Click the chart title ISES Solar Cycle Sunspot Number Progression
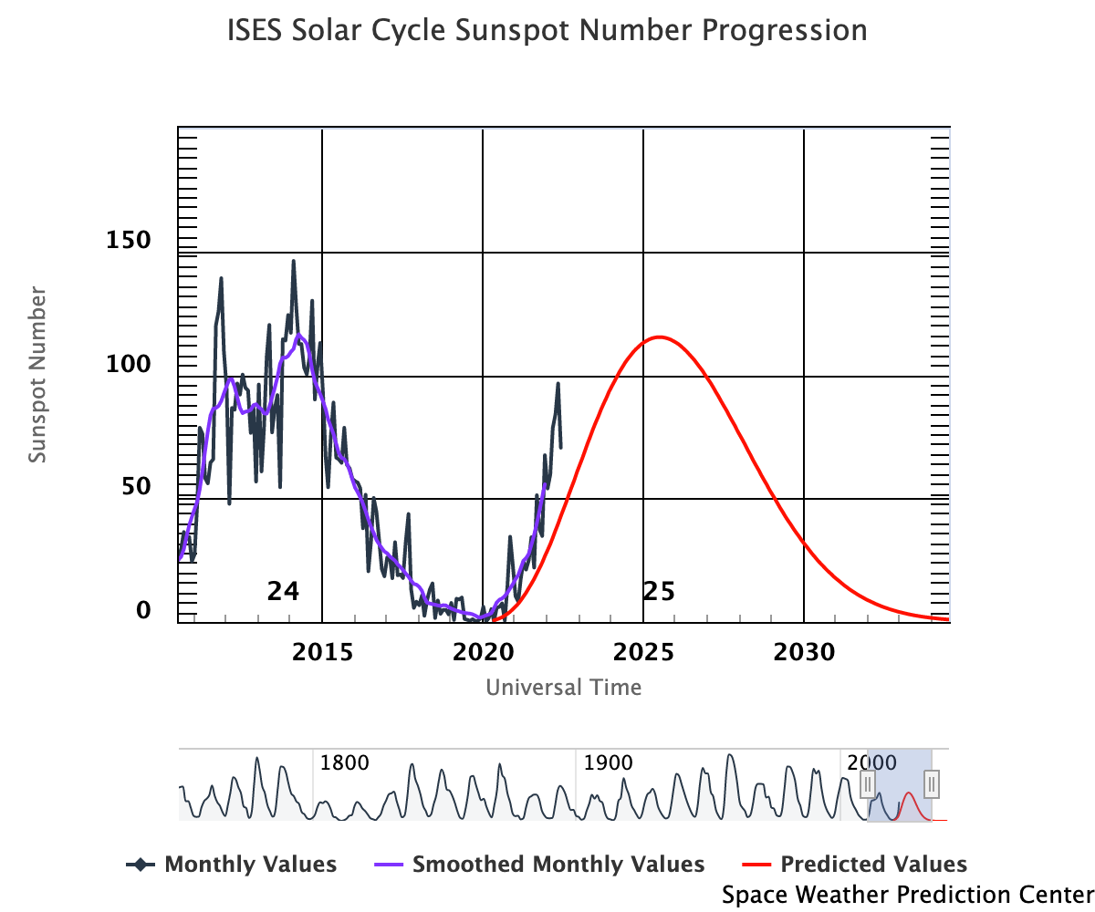(x=547, y=31)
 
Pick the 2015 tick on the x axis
(x=322, y=653)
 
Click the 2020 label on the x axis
(x=483, y=653)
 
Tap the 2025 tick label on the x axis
(x=643, y=653)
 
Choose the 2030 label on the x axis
(x=804, y=653)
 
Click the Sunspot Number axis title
(x=37, y=375)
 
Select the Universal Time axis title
(x=563, y=687)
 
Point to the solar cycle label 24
(x=283, y=591)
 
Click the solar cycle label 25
(x=659, y=592)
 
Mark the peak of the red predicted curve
(x=658, y=337)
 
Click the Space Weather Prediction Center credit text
(x=907, y=895)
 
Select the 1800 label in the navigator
(x=344, y=762)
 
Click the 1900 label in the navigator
(x=607, y=762)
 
